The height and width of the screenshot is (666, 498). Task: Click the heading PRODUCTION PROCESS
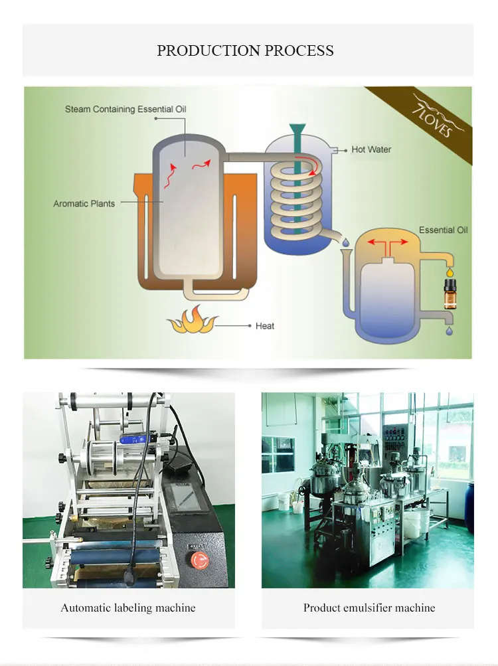point(245,50)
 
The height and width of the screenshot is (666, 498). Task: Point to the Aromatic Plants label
point(84,204)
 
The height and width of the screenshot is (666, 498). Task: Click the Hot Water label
point(371,149)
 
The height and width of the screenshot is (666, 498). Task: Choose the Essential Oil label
point(443,230)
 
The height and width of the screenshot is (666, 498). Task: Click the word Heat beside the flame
point(265,326)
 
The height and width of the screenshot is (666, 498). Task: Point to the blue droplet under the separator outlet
point(449,330)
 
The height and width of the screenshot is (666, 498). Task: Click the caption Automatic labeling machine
point(128,608)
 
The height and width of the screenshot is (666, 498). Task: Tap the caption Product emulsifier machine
point(369,608)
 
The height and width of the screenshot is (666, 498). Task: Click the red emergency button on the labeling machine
point(198,559)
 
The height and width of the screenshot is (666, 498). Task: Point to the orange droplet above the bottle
point(450,272)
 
